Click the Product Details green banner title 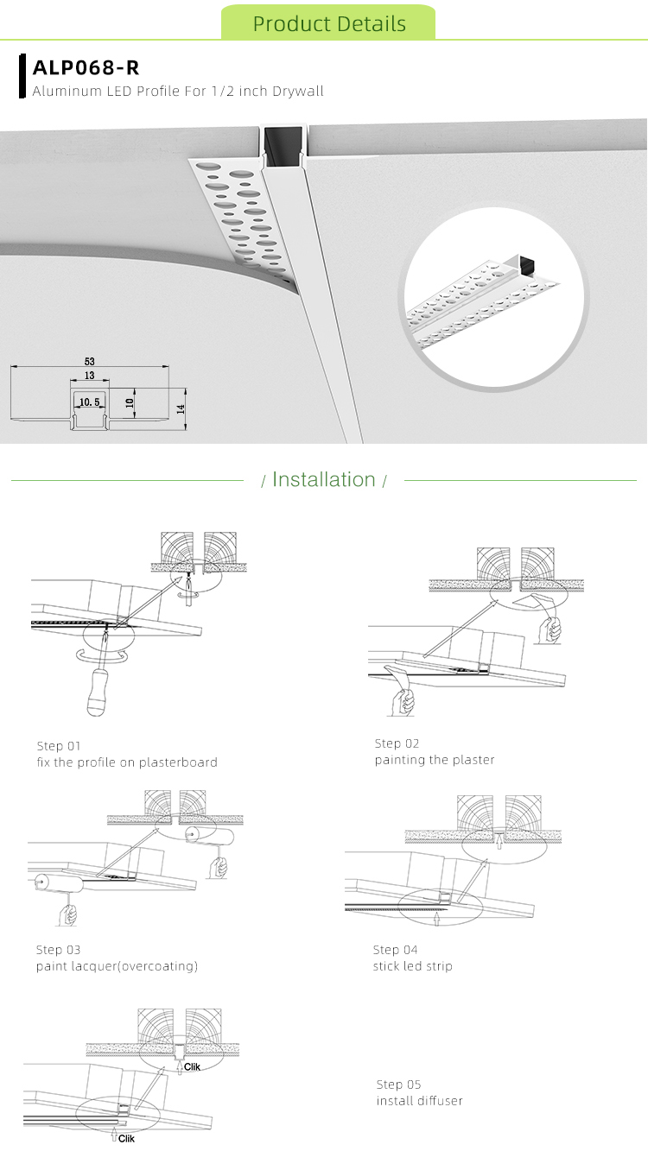pos(329,23)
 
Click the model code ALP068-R pos(86,68)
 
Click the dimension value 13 pos(89,376)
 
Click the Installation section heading pos(324,480)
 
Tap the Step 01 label pos(58,745)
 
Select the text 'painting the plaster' pos(435,760)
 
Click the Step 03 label pos(58,950)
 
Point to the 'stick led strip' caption pos(412,965)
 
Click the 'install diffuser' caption pos(420,1101)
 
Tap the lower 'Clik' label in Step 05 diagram pos(126,1139)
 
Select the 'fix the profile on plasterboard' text pos(127,762)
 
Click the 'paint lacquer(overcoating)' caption pos(117,966)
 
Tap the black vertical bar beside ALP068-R pos(22,75)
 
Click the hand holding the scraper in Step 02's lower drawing pos(400,702)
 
